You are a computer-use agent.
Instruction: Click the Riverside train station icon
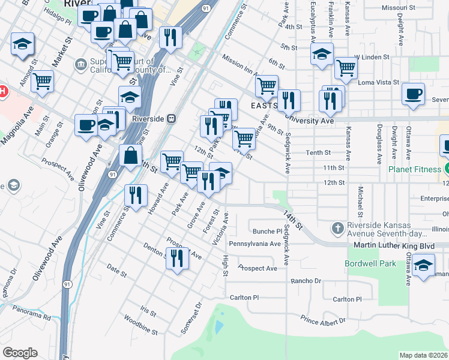(171, 119)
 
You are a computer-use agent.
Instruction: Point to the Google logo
(20, 353)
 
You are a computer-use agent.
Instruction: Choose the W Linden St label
(372, 57)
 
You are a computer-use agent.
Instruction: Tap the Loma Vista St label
(378, 83)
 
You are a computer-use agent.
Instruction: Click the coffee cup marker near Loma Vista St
(414, 95)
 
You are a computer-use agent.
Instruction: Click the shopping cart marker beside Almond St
(42, 81)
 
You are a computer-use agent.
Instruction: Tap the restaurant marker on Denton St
(176, 259)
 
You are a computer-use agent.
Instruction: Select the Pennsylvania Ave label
(255, 244)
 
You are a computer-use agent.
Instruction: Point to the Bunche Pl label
(267, 231)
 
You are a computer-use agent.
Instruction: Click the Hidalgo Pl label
(57, 21)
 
